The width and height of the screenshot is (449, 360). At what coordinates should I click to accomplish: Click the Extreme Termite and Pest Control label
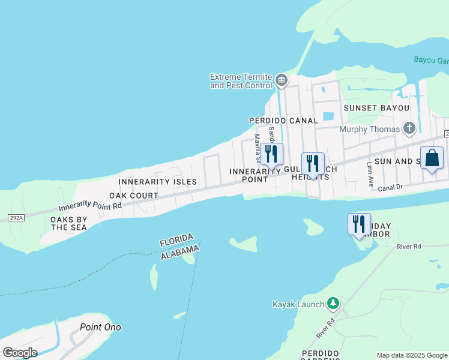click(241, 81)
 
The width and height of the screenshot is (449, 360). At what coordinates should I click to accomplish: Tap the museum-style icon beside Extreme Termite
click(281, 80)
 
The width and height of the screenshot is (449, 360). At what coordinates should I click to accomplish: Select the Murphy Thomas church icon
click(409, 128)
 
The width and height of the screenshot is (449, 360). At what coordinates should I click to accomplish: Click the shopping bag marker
click(432, 158)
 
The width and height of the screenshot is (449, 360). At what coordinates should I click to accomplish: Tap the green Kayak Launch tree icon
click(333, 304)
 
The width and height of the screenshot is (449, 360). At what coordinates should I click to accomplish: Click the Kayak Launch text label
click(298, 304)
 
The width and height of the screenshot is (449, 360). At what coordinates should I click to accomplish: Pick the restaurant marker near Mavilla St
click(271, 154)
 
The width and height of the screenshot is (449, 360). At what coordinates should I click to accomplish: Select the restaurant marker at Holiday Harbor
click(359, 224)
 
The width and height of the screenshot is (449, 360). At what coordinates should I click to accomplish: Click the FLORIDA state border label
click(176, 240)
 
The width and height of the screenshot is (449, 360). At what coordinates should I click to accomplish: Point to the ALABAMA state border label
click(179, 252)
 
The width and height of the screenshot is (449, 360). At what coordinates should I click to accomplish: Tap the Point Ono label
click(100, 327)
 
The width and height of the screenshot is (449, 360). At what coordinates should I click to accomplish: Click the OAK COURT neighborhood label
click(133, 196)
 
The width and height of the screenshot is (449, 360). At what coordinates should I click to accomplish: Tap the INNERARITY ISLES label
click(157, 181)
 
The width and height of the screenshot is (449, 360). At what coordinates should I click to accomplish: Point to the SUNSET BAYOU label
click(376, 108)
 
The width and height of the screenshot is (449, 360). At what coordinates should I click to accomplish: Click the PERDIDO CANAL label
click(283, 121)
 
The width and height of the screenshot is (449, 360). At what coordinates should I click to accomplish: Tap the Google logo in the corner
click(20, 353)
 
